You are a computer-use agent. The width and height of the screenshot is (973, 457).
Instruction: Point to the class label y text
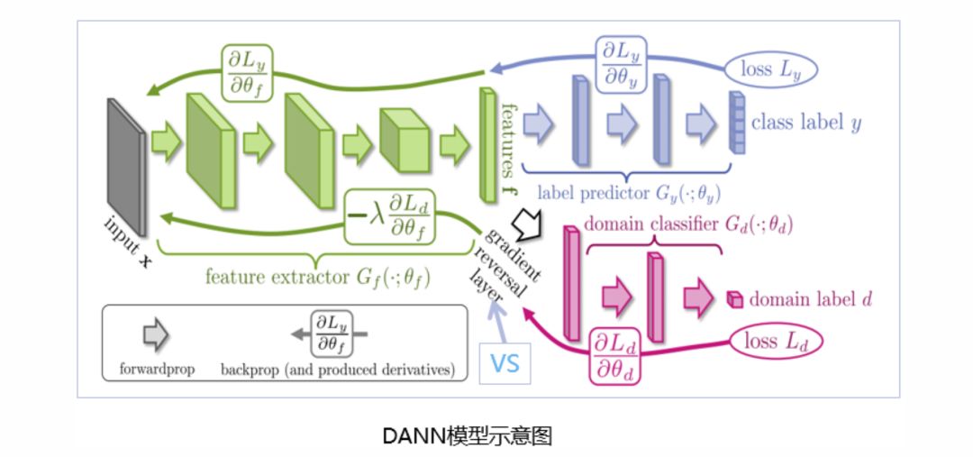(x=805, y=123)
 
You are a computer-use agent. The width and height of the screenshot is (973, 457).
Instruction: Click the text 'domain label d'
(x=811, y=299)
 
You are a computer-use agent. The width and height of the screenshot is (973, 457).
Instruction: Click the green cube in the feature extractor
(x=404, y=142)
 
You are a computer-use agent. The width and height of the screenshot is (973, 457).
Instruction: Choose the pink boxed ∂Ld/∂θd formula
(x=614, y=356)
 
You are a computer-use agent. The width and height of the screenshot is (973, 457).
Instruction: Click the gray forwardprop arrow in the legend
(x=155, y=336)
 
